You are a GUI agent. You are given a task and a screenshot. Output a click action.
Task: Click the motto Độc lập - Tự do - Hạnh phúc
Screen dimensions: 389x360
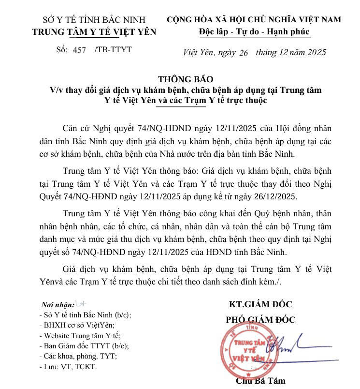coord(254,31)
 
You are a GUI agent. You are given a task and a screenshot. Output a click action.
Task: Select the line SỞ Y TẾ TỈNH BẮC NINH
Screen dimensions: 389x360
coord(94,20)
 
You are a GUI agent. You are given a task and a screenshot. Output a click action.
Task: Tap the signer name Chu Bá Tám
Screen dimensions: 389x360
coord(260,380)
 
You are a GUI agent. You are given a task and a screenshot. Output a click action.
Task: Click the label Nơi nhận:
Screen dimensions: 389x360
coord(58,305)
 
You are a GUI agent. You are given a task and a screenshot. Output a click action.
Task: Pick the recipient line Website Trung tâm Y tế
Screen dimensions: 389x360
coord(80,335)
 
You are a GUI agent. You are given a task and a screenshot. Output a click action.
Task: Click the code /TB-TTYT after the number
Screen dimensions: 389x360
coord(114,49)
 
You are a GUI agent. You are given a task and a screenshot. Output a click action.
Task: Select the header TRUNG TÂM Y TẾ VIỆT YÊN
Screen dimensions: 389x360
coord(94,32)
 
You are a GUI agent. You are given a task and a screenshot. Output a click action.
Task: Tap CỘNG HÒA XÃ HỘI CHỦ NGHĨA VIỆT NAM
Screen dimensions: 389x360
coord(254,20)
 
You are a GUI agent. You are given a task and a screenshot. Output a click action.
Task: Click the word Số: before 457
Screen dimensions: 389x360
coord(62,49)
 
